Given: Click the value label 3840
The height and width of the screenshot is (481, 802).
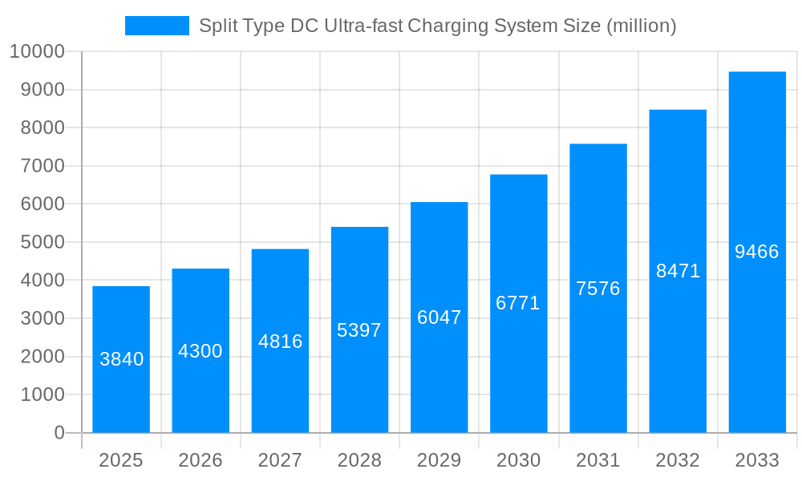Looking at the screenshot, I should pyautogui.click(x=122, y=359).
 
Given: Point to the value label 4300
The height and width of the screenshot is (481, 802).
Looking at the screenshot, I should pyautogui.click(x=200, y=351).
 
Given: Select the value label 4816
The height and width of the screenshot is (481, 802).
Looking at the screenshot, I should pyautogui.click(x=280, y=342).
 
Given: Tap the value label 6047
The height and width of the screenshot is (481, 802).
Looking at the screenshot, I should pyautogui.click(x=439, y=317).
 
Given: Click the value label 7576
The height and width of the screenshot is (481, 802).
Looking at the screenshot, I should pyautogui.click(x=598, y=289).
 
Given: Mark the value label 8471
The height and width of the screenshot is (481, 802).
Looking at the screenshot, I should pyautogui.click(x=678, y=271).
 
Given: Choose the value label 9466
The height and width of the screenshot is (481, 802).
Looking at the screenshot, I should pyautogui.click(x=757, y=252).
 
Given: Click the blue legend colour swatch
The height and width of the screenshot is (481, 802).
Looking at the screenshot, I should pyautogui.click(x=157, y=26).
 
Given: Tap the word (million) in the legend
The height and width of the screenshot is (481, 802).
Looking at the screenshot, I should pyautogui.click(x=641, y=26).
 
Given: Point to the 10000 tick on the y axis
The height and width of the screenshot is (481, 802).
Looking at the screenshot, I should pyautogui.click(x=37, y=52).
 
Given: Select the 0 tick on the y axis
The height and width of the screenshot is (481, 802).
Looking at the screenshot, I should pyautogui.click(x=59, y=433).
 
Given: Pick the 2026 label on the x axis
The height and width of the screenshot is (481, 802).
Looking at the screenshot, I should pyautogui.click(x=200, y=460).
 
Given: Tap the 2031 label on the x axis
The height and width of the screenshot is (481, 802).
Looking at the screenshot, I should pyautogui.click(x=598, y=460).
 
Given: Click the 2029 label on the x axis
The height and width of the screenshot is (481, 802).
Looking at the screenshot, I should pyautogui.click(x=439, y=460).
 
